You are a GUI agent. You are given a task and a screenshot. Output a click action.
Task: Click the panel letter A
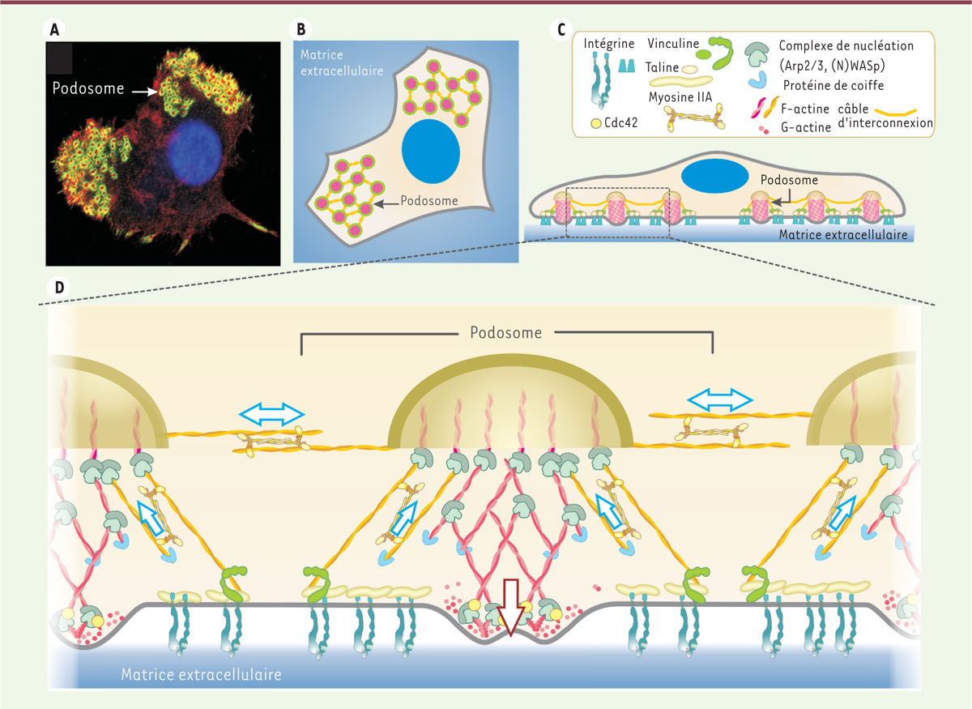tap(54, 30)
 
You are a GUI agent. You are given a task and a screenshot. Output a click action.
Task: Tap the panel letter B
tap(301, 29)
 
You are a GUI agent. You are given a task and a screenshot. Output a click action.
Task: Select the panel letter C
tap(561, 30)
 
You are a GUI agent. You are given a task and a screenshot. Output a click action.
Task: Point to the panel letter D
tap(59, 288)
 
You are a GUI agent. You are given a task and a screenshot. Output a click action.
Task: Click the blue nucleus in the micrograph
tap(194, 149)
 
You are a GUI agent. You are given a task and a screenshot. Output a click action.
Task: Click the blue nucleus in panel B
tap(430, 151)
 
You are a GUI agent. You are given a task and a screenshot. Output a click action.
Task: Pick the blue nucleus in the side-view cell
tap(714, 176)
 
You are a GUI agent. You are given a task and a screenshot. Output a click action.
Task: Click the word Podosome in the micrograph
tap(88, 88)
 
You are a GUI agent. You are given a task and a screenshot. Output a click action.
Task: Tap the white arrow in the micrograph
tap(145, 92)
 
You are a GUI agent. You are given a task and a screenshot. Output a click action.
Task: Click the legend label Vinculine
tap(673, 44)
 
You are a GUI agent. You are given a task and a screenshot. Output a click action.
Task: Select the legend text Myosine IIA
tap(680, 96)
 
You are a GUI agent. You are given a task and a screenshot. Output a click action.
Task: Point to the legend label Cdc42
tap(621, 123)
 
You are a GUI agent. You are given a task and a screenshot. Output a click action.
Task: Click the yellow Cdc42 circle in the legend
tap(596, 124)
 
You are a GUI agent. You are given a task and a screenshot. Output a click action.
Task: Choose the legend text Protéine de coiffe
tap(833, 85)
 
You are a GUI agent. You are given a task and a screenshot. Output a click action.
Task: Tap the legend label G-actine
tap(806, 127)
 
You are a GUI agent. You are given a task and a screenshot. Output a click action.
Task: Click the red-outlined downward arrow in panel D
tap(510, 608)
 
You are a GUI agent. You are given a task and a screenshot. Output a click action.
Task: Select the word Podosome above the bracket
tap(506, 332)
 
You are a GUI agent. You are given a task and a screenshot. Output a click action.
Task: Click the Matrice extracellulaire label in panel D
tap(202, 674)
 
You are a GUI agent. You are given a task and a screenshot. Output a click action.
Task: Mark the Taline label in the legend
tap(662, 67)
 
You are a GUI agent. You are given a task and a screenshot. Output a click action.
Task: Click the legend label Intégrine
tap(609, 44)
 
